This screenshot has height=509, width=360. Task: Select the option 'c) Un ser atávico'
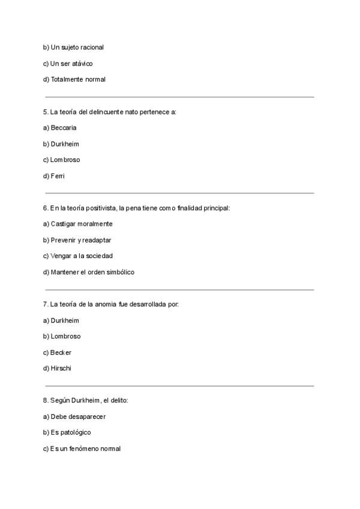click(x=68, y=63)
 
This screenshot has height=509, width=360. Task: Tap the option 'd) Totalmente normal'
click(x=74, y=79)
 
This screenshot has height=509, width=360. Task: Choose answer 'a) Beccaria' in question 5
click(x=60, y=128)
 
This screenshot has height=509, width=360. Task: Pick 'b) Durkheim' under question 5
click(x=61, y=144)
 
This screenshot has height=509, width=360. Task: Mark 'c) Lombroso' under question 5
click(x=61, y=160)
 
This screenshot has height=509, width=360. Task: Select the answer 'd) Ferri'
click(x=54, y=176)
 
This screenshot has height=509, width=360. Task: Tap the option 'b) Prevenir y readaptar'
click(x=77, y=240)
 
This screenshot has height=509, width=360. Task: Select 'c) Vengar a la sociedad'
click(x=78, y=256)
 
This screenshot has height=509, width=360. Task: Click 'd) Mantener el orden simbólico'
click(x=88, y=272)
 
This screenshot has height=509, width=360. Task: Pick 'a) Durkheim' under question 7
click(x=61, y=321)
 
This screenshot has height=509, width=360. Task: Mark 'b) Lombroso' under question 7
click(x=62, y=337)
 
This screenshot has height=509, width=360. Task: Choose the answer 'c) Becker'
click(x=58, y=352)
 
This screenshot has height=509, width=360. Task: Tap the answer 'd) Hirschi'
click(x=58, y=369)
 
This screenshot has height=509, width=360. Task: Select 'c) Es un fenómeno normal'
click(x=82, y=448)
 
